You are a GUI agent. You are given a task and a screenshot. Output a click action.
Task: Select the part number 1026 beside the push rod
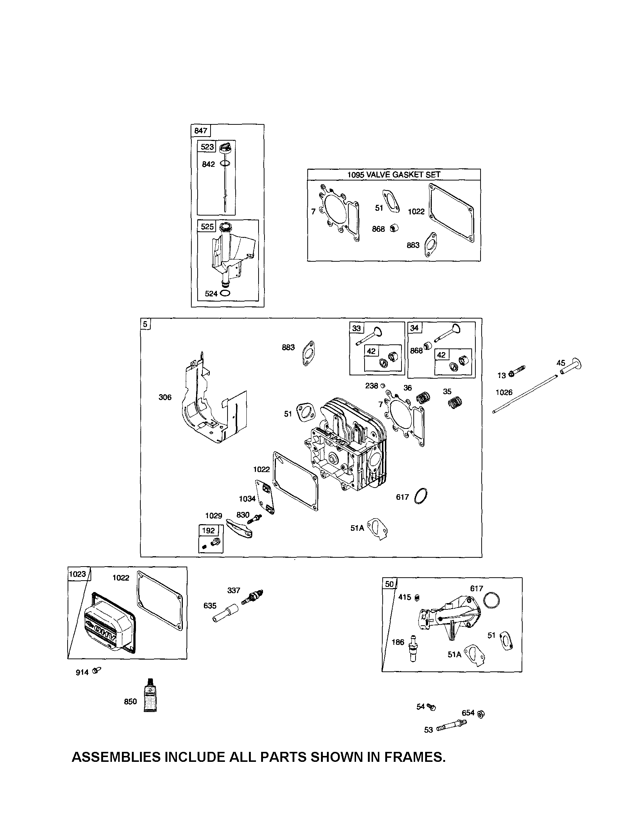504,393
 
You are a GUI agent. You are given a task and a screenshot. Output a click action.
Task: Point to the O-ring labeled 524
225,293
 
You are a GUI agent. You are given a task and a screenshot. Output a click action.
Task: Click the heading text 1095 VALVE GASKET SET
393,175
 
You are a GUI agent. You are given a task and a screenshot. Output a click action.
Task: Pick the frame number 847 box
201,131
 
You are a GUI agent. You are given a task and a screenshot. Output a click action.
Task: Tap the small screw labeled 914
97,670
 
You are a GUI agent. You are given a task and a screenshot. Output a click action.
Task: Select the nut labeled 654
481,713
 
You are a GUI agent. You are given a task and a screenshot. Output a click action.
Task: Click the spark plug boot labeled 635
224,613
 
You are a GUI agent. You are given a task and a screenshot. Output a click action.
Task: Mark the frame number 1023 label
78,574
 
